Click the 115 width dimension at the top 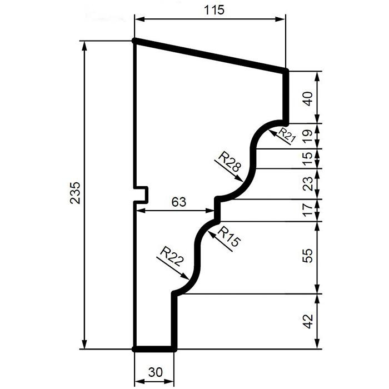click(x=214, y=10)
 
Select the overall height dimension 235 click(x=75, y=193)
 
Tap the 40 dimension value click(x=308, y=99)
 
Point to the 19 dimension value click(x=308, y=136)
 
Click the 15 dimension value click(x=308, y=159)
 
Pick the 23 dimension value click(x=308, y=183)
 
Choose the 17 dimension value click(x=308, y=210)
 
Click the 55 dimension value click(x=308, y=255)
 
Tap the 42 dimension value click(x=308, y=321)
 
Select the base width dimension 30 click(x=155, y=372)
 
